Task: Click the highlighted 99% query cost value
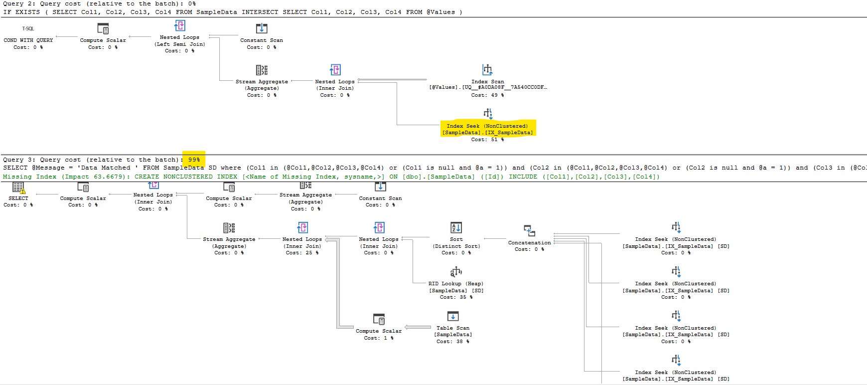[x=194, y=160]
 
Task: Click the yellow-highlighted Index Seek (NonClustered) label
[x=487, y=126]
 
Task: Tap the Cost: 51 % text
[x=487, y=140]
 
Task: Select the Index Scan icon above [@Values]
[x=487, y=70]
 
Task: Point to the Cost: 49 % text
[x=487, y=95]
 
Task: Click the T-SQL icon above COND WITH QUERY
[x=28, y=28]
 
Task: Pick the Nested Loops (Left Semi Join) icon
[x=180, y=25]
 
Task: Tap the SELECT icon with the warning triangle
[x=18, y=188]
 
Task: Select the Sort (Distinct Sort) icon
[x=456, y=228]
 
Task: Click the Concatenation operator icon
[x=529, y=230]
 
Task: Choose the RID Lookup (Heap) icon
[x=456, y=272]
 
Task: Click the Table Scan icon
[x=453, y=316]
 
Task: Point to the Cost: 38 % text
[x=453, y=342]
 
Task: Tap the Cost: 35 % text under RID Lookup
[x=456, y=297]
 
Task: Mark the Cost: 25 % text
[x=302, y=253]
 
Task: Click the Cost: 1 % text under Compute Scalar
[x=379, y=338]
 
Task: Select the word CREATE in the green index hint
[x=146, y=177]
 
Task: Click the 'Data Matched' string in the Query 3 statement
[x=104, y=168]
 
